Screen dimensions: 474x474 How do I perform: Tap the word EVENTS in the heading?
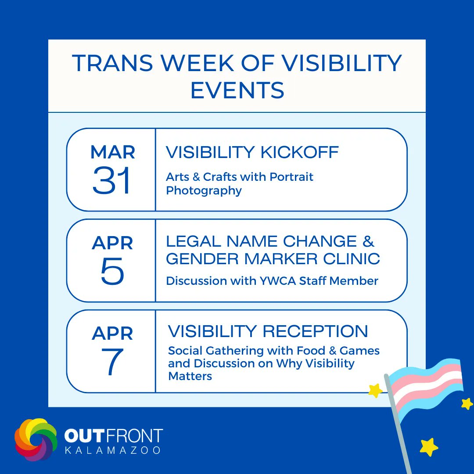(237, 90)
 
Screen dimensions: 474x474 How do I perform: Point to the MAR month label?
(112, 152)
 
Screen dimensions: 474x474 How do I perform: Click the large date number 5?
(112, 272)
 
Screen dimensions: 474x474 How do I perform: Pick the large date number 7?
(112, 362)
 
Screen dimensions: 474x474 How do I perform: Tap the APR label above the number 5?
(112, 243)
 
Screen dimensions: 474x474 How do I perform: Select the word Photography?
(204, 191)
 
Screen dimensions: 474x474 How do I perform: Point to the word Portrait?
(291, 177)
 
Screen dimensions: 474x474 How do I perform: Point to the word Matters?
(190, 376)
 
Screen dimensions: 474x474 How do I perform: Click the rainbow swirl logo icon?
(36, 439)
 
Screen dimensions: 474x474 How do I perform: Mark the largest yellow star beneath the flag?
(429, 447)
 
